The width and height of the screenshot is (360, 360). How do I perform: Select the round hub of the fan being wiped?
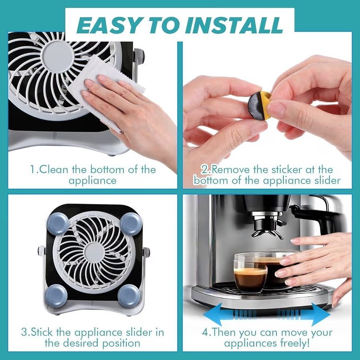pos(58,57)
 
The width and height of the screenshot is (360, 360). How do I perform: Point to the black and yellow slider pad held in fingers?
pos(260,104)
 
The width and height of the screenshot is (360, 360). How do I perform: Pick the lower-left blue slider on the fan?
pos(56,296)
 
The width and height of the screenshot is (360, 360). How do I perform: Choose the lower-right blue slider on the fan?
pos(129,296)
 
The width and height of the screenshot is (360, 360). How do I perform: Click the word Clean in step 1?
pos(54,170)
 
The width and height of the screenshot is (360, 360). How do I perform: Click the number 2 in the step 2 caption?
pos(204,170)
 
